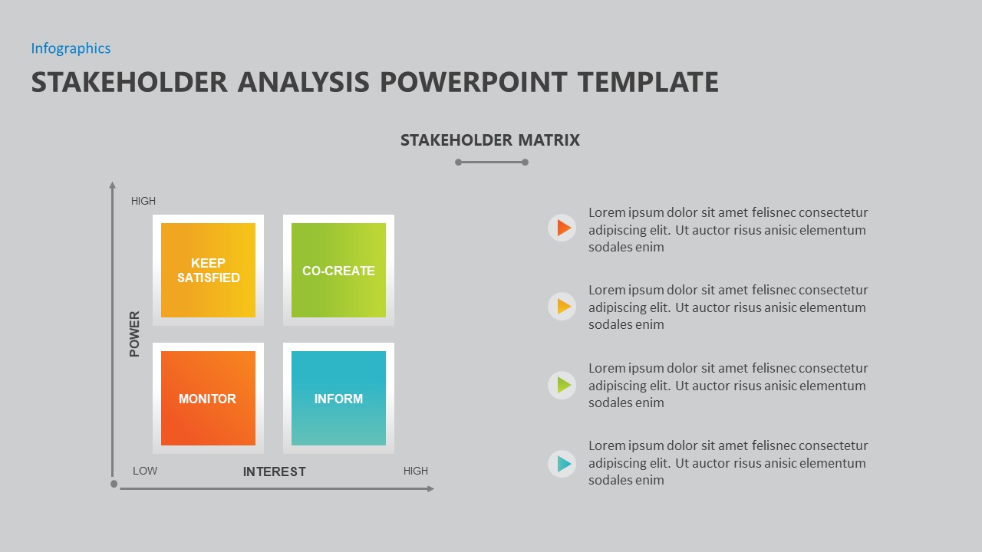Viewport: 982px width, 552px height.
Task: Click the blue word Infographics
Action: tap(71, 48)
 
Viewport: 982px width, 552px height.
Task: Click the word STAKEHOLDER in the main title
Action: tap(129, 82)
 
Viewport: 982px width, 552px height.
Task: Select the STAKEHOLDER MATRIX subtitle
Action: tap(489, 140)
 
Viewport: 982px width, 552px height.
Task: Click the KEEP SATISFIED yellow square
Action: tap(208, 270)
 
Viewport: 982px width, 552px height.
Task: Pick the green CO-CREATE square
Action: tap(338, 270)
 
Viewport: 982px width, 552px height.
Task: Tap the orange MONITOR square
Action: tap(208, 398)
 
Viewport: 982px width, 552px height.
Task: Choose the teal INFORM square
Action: tap(338, 398)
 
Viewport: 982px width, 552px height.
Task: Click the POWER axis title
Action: tap(135, 333)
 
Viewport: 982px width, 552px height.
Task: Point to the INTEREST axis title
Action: tap(274, 472)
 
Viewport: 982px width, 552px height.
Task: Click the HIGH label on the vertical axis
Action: tap(143, 201)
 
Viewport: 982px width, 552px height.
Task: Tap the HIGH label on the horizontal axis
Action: tap(416, 471)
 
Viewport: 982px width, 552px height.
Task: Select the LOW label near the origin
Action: tap(145, 471)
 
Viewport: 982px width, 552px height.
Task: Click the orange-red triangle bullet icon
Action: tap(562, 228)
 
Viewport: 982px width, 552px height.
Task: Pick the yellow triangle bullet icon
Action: tap(562, 307)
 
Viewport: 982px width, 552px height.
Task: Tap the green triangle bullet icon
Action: tap(562, 385)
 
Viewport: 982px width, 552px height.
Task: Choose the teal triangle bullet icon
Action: tap(562, 464)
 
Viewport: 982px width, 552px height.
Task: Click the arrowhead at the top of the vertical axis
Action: tap(113, 185)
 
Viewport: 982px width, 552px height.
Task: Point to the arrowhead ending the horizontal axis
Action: tap(430, 488)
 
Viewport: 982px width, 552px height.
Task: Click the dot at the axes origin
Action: tap(114, 484)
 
